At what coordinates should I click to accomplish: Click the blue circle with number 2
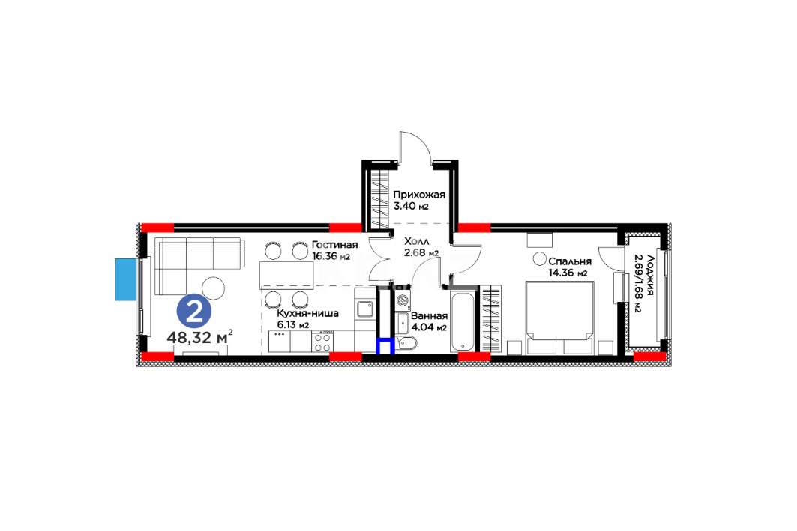[x=193, y=312]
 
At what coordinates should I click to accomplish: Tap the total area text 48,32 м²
[x=199, y=336]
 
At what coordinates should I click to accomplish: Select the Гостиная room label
[x=335, y=245]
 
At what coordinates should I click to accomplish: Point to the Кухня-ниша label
[x=308, y=313]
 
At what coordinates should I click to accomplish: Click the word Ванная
[x=430, y=316]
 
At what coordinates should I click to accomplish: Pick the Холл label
[x=417, y=241]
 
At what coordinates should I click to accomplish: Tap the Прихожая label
[x=419, y=195]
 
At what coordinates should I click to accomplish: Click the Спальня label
[x=570, y=261]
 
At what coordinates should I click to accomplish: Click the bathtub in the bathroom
[x=464, y=321]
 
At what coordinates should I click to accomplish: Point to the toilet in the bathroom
[x=407, y=345]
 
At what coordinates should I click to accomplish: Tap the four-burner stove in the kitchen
[x=323, y=341]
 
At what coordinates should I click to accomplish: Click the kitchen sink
[x=364, y=309]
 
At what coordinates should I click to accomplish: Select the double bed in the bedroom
[x=559, y=318]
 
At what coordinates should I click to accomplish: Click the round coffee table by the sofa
[x=214, y=288]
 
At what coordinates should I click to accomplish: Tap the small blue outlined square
[x=385, y=346]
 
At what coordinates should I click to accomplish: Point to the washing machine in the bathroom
[x=403, y=300]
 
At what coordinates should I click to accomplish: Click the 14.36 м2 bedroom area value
[x=568, y=273]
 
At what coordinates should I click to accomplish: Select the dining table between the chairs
[x=286, y=275]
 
